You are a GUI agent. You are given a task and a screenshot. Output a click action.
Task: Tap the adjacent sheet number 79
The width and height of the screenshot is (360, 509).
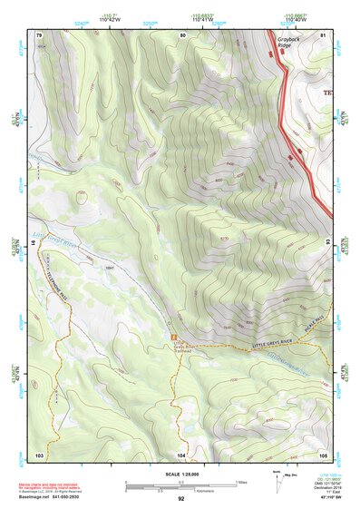pos(38,34)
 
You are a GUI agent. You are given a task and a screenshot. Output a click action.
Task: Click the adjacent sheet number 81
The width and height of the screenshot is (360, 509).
pos(323,34)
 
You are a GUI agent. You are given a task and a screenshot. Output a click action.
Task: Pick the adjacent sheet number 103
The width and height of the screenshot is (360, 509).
pos(39,453)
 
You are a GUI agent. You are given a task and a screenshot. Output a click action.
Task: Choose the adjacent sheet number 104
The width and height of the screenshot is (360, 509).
pos(181,453)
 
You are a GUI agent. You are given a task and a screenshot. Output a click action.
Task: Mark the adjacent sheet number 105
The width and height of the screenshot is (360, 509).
pos(322,453)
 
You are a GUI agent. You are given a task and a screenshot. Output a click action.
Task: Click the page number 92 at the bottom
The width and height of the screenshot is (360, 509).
pos(180,499)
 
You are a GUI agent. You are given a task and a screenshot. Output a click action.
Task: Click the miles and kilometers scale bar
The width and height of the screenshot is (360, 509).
pos(180,485)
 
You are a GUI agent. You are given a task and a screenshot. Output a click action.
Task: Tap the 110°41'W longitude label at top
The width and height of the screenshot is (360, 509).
pos(199,17)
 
